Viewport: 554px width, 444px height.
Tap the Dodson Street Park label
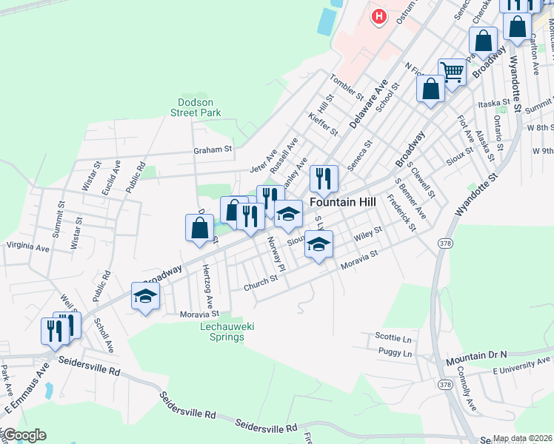(200, 107)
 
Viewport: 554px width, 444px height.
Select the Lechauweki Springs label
(222, 332)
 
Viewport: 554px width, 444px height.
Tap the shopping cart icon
(452, 72)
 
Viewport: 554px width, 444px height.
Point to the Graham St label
(213, 149)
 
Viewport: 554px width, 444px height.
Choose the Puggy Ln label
(394, 353)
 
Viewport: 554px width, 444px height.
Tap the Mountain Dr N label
(476, 357)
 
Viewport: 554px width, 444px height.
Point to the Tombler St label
(347, 87)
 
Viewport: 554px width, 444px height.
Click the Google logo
(24, 435)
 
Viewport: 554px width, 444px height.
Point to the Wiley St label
(367, 235)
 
